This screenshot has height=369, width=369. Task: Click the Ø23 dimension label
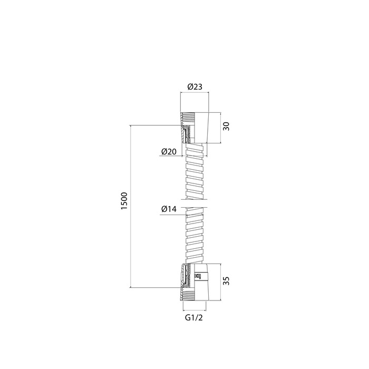click(x=195, y=87)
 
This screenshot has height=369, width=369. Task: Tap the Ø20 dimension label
click(x=169, y=152)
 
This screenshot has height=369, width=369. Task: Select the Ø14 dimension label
click(x=169, y=209)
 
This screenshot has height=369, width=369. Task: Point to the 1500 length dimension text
click(x=124, y=201)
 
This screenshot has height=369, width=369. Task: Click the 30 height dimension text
click(x=226, y=127)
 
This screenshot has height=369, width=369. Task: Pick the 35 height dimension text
click(x=226, y=281)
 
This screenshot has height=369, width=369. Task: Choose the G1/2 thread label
click(x=194, y=318)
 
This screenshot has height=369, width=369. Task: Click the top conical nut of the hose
click(x=195, y=128)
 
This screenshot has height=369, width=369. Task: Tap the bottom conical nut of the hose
click(x=195, y=282)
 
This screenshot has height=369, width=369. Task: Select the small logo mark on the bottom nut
click(x=198, y=276)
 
